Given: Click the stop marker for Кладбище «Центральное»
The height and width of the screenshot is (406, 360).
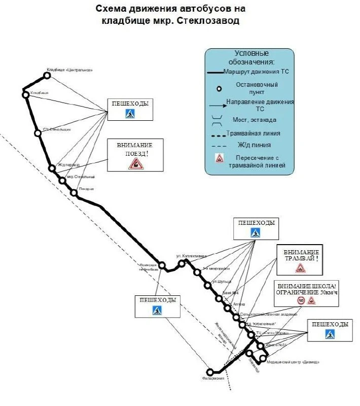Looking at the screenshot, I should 47,75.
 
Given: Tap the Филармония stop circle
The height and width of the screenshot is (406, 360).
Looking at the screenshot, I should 210,371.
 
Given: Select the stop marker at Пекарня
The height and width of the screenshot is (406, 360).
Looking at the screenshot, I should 74,192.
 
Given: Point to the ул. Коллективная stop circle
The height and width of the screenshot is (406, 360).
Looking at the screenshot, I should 182,263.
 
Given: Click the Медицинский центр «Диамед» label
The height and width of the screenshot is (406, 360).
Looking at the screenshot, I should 300,362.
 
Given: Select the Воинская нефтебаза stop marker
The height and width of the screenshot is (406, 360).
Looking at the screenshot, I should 162,265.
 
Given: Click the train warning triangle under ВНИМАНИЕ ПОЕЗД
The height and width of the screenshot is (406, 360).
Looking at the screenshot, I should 136,163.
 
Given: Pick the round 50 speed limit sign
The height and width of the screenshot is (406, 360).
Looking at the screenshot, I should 301,301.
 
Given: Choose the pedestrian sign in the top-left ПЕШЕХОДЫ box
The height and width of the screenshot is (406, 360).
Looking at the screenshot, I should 130,113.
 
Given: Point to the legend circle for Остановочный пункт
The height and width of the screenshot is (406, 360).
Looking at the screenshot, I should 219,88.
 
